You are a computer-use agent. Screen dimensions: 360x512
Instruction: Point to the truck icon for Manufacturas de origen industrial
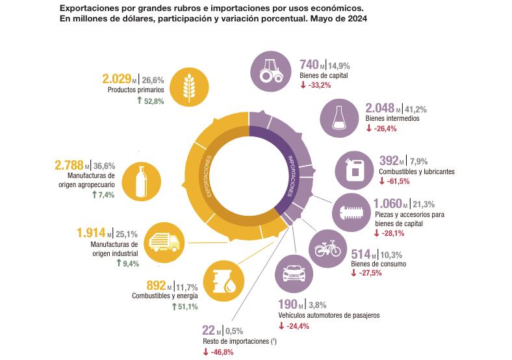tap(164, 242)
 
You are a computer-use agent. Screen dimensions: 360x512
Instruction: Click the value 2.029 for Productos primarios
tap(117, 79)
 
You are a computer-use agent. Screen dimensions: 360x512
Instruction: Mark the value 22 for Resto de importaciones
tap(210, 330)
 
